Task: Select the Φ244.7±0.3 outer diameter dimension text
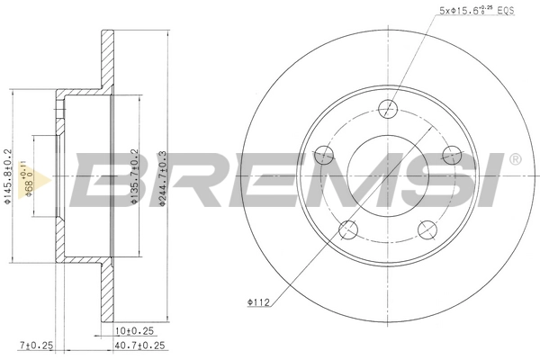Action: pyautogui.click(x=162, y=180)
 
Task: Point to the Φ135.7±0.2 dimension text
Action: pyautogui.click(x=134, y=180)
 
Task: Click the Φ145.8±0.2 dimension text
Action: pyautogui.click(x=8, y=180)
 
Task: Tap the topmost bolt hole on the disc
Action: pyautogui.click(x=389, y=109)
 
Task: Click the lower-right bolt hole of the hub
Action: pyautogui.click(x=427, y=229)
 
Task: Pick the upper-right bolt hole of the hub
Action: pyautogui.click(x=450, y=155)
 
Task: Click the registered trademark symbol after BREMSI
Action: pyautogui.click(x=515, y=159)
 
